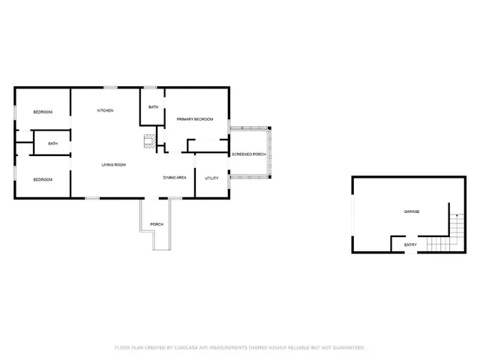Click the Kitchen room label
105,111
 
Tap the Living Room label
114,164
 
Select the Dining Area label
175,178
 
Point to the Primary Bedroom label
195,120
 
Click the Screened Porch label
248,154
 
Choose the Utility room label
211,178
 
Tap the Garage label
412,212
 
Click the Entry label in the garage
410,245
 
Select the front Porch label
157,225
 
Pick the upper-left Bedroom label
43,112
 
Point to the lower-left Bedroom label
43,180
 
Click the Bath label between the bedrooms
53,144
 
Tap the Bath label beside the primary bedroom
153,108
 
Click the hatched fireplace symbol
151,140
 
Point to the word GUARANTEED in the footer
346,348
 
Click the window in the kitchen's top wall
110,88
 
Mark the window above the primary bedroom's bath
150,88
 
